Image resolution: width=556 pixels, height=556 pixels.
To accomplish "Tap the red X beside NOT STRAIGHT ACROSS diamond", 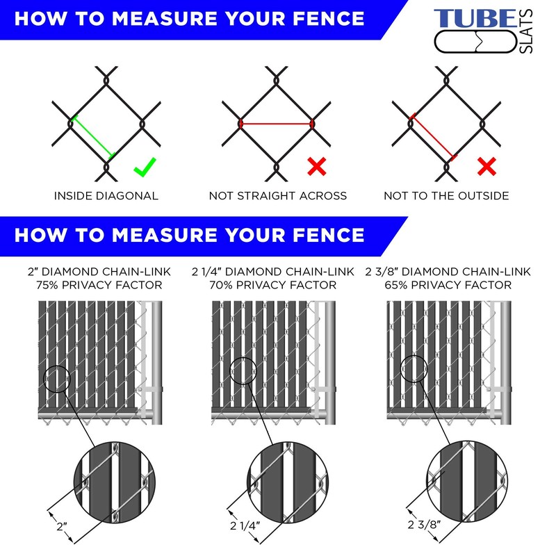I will pyautogui.click(x=316, y=166).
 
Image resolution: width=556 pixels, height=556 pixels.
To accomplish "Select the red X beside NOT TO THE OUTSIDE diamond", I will pyautogui.click(x=486, y=166).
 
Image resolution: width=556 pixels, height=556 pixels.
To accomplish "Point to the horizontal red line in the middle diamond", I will pyautogui.click(x=277, y=124).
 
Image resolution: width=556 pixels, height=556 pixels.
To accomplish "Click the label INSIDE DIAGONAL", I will pyautogui.click(x=106, y=196).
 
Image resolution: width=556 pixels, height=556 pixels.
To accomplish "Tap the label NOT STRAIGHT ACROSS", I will pyautogui.click(x=278, y=196).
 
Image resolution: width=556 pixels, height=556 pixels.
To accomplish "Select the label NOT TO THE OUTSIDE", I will pyautogui.click(x=446, y=196).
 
